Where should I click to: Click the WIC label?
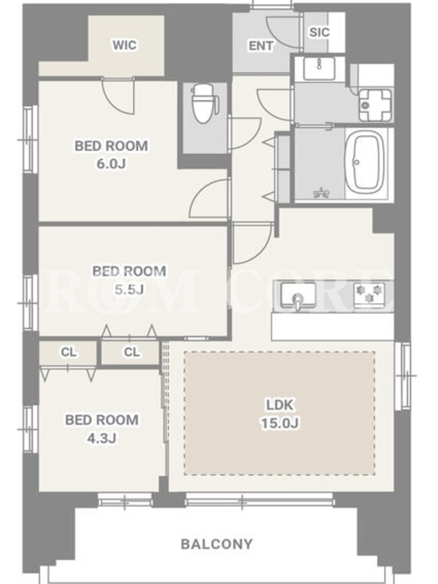[124, 45]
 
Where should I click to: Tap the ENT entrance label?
[261, 46]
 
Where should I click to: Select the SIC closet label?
[319, 32]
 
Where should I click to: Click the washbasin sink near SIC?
[319, 68]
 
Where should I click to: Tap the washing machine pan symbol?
[375, 105]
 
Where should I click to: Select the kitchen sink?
[298, 296]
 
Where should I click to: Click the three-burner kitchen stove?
[369, 294]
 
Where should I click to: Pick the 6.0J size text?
[111, 164]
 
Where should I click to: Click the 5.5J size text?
[129, 289]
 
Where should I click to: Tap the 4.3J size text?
[101, 439]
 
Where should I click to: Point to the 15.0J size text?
[280, 423]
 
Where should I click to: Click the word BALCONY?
[217, 545]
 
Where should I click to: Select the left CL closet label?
[69, 352]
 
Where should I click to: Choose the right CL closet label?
[131, 352]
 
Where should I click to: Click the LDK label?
[280, 405]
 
